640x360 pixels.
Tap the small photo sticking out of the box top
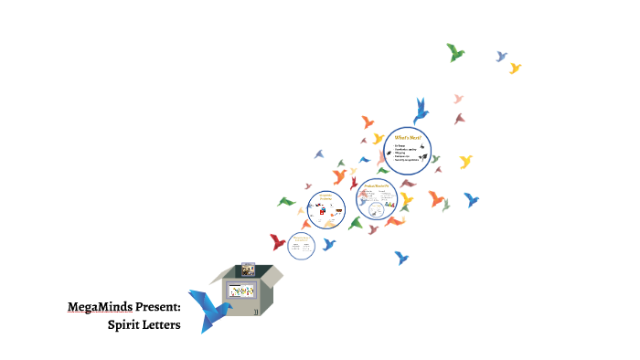coord(247,270)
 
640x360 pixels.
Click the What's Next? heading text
coord(407,137)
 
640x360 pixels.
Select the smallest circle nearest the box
coord(301,245)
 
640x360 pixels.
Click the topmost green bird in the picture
coord(454,52)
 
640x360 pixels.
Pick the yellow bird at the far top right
coord(515,68)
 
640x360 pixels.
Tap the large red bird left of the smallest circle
coord(278,241)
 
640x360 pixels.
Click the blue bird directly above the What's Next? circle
coord(421,110)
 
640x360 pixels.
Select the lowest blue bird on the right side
coord(400,258)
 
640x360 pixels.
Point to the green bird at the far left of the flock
coord(287,201)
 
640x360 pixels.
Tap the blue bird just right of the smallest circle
coord(328,244)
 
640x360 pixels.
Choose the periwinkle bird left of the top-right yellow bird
coord(501,57)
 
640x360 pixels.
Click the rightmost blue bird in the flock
coord(472,198)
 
